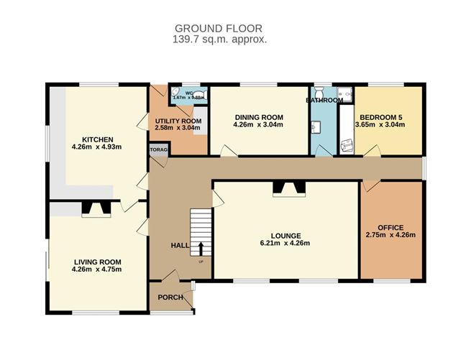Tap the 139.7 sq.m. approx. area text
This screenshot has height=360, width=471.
click(x=220, y=40)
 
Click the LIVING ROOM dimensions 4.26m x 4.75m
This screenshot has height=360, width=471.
click(x=97, y=269)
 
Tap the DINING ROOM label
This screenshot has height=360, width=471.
click(x=258, y=117)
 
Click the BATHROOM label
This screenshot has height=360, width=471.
click(x=325, y=101)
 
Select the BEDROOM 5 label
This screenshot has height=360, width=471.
click(x=382, y=116)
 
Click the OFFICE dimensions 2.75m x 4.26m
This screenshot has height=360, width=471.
click(x=391, y=235)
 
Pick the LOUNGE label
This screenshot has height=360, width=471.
click(x=285, y=235)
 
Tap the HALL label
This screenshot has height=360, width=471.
click(x=179, y=246)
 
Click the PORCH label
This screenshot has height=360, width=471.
click(x=170, y=297)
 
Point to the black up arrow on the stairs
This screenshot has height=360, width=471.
click(x=200, y=249)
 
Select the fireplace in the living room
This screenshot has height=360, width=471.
click(x=96, y=209)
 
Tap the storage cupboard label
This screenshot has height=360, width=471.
click(x=158, y=149)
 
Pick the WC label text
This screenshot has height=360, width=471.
click(x=189, y=93)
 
